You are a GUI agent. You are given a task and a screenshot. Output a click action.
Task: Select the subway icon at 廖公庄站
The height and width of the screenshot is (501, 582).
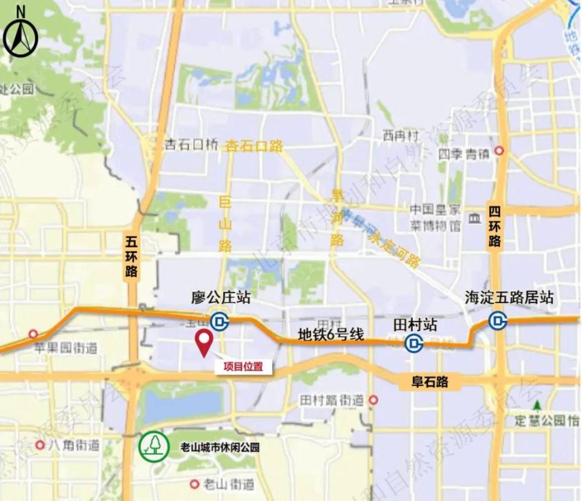click(x=219, y=321)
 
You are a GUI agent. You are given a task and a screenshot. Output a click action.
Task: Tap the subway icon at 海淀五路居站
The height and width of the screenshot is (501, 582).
click(x=498, y=320)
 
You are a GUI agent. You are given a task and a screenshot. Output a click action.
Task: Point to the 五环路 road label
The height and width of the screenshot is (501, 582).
click(x=132, y=255)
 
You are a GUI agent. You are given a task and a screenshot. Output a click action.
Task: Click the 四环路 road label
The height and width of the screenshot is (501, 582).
click(x=495, y=226)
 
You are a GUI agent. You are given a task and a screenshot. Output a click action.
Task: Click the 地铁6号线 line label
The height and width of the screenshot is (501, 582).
click(x=332, y=334)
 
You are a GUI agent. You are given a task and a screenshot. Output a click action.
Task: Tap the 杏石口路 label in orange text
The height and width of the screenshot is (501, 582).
click(x=254, y=146)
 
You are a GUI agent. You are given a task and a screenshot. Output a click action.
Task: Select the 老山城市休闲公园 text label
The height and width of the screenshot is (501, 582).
click(x=219, y=448)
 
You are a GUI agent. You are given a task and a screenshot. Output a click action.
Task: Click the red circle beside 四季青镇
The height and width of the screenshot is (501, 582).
click(x=499, y=150)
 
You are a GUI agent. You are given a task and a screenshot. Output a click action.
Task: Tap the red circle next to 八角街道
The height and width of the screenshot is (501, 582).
click(x=40, y=445)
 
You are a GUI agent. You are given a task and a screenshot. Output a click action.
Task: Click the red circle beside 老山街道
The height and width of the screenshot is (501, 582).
click(x=195, y=484)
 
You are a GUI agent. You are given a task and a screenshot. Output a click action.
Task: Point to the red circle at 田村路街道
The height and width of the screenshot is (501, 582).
click(x=374, y=400)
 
